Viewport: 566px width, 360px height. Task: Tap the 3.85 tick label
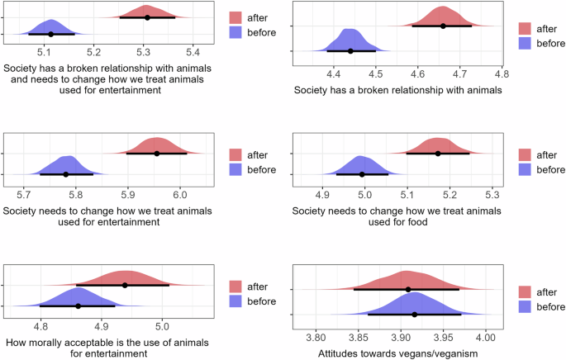click(358, 338)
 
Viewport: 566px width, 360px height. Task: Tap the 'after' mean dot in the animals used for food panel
click(438, 154)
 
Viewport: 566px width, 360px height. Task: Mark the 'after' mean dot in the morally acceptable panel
click(125, 285)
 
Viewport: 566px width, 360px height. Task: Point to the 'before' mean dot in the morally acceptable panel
click(78, 306)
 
